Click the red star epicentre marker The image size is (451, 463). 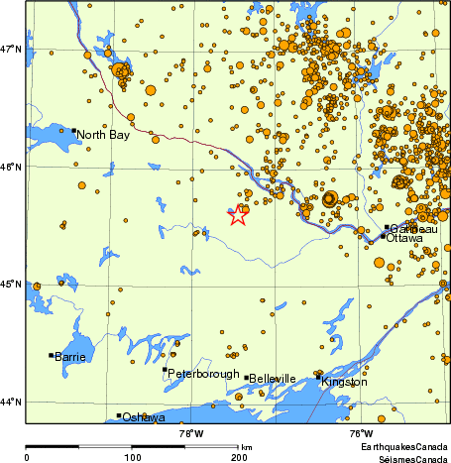[238, 215]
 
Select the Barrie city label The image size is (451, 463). [70, 356]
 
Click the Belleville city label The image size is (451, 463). [273, 379]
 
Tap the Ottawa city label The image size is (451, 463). [404, 239]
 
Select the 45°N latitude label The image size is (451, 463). [11, 285]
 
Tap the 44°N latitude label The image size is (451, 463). [11, 402]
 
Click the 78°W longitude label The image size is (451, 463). [191, 433]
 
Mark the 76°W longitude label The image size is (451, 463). [361, 433]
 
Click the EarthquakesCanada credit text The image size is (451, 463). [403, 448]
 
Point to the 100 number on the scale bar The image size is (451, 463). [131, 457]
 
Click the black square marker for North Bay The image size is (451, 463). [73, 130]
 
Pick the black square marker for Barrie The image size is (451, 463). [51, 355]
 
